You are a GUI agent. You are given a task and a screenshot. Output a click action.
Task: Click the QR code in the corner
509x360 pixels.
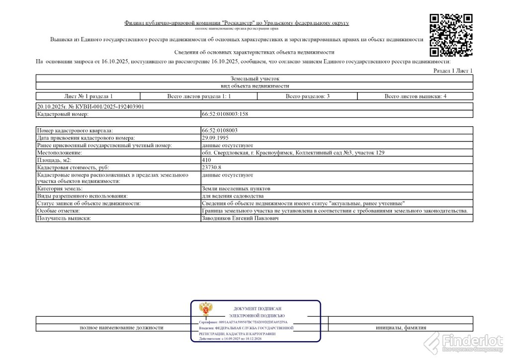(451, 35)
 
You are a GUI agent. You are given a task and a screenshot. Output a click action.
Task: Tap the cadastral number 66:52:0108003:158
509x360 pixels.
(225, 114)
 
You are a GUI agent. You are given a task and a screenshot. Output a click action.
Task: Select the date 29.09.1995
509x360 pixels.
(215, 137)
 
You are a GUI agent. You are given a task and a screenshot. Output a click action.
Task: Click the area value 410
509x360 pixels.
(206, 160)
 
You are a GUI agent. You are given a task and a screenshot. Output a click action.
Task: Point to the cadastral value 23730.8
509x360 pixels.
(211, 168)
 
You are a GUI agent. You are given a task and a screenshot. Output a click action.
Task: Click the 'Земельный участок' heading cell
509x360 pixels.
(255, 79)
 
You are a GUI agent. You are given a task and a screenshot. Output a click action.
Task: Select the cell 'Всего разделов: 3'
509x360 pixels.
(307, 96)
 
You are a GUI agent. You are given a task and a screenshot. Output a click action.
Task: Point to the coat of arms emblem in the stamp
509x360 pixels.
(205, 310)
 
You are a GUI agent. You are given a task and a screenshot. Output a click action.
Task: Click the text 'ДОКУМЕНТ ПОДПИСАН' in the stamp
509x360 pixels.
(256, 309)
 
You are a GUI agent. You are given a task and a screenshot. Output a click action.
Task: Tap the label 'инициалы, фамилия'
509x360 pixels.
(401, 327)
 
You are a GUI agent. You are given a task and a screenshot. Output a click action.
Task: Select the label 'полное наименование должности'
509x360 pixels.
(121, 327)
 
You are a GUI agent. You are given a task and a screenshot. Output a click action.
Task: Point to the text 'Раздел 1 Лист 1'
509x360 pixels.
(453, 71)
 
